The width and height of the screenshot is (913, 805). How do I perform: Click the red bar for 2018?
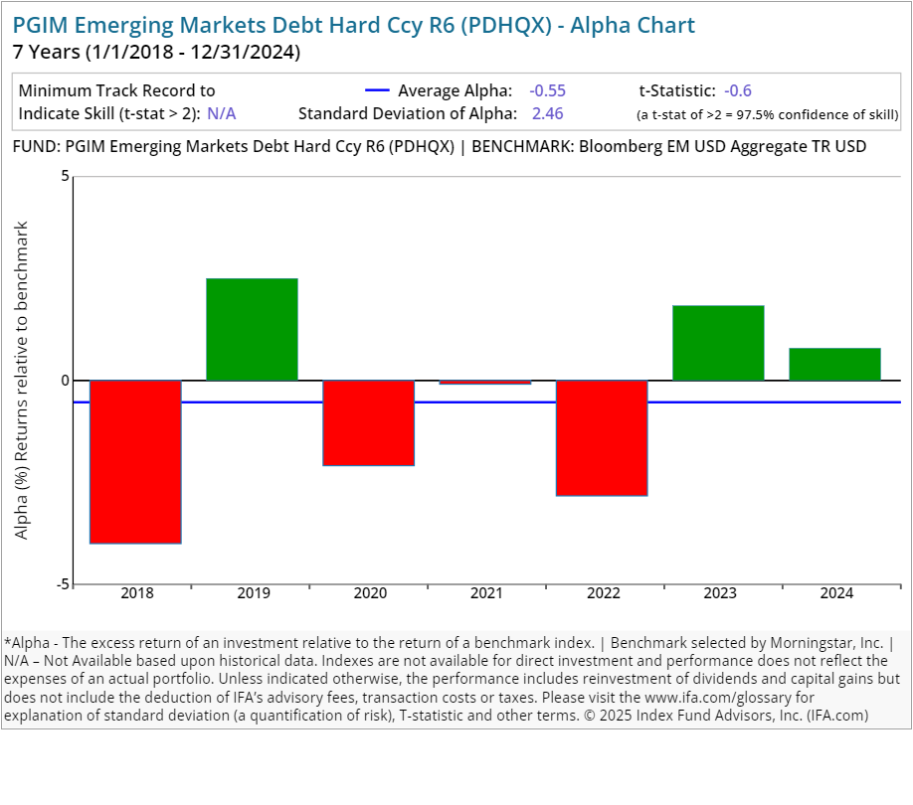pyautogui.click(x=136, y=461)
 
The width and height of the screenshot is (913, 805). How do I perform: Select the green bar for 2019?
pyautogui.click(x=253, y=329)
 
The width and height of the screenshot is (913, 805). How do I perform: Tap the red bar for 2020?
pyautogui.click(x=369, y=422)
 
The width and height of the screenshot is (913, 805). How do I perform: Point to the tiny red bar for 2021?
pyautogui.click(x=485, y=383)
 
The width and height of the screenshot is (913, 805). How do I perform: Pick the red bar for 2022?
pyautogui.click(x=602, y=437)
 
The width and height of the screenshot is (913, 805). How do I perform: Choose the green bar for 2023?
pyautogui.click(x=718, y=343)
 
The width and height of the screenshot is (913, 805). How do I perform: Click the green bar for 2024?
pyautogui.click(x=834, y=364)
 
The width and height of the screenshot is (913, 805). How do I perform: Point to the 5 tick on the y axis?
pyautogui.click(x=66, y=177)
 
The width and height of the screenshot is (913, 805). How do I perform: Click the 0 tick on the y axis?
pyautogui.click(x=66, y=381)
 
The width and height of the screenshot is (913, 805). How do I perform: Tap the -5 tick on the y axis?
pyautogui.click(x=63, y=584)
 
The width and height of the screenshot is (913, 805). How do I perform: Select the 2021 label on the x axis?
pyautogui.click(x=485, y=593)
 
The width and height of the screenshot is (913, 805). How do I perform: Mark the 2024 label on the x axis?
pyautogui.click(x=836, y=593)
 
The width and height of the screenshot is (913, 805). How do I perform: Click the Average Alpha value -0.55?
pyautogui.click(x=547, y=90)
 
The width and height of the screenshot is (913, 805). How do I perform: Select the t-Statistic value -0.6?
pyautogui.click(x=738, y=90)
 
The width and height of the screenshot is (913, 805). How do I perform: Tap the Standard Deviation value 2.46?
pyautogui.click(x=547, y=113)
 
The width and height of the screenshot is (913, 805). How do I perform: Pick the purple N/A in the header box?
pyautogui.click(x=222, y=113)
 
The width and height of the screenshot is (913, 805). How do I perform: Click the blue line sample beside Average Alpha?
pyautogui.click(x=377, y=90)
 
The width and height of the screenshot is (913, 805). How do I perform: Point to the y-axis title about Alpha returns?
pyautogui.click(x=22, y=381)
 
